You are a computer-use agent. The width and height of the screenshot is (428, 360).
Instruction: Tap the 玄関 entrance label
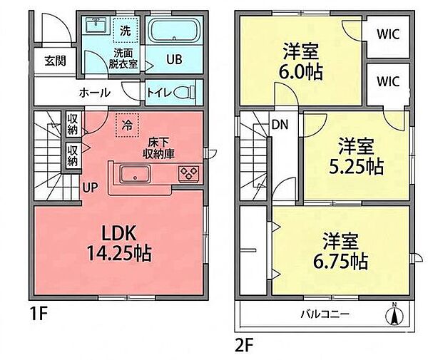55,61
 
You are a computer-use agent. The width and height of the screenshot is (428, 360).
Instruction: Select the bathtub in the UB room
174,34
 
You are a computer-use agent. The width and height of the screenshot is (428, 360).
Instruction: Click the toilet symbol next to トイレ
184,92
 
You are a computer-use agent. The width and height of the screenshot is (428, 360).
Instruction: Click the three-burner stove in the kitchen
190,173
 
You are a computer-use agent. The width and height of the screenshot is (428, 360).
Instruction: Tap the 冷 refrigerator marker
126,124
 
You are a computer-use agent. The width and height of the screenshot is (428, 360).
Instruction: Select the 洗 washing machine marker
125,31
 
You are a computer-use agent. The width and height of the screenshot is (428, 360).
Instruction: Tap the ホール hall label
95,92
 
